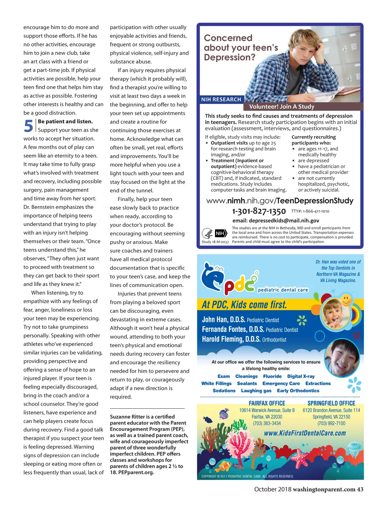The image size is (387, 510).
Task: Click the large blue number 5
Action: point(29,126)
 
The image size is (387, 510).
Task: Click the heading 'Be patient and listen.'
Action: point(65,121)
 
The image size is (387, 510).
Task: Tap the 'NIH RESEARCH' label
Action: point(221,99)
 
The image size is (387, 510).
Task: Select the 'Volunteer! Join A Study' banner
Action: point(282,107)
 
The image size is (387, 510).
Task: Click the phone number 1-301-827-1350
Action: point(259,211)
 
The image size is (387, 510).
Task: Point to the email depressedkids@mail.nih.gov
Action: point(276,221)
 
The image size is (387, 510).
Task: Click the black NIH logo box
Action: point(221,233)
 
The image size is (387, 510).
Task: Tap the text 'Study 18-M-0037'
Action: point(215,242)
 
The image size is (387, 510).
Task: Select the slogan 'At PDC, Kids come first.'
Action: point(244,304)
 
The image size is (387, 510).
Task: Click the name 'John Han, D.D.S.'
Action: point(224,320)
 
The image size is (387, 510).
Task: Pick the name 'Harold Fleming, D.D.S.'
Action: point(231,339)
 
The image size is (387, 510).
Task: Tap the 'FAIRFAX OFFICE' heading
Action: point(267,403)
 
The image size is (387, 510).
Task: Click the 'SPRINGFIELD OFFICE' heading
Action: point(331,403)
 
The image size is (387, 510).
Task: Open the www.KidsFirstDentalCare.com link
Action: point(305,433)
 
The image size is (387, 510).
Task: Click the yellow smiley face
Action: point(346,300)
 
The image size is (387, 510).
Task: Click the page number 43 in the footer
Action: point(360,489)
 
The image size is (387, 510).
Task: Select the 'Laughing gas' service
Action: point(256,391)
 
